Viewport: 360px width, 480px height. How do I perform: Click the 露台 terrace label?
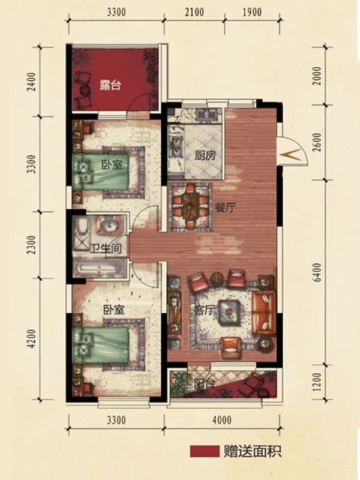[110, 85]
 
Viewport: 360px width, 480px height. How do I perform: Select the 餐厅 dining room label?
[224, 208]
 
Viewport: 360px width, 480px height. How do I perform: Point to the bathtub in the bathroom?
[100, 267]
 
